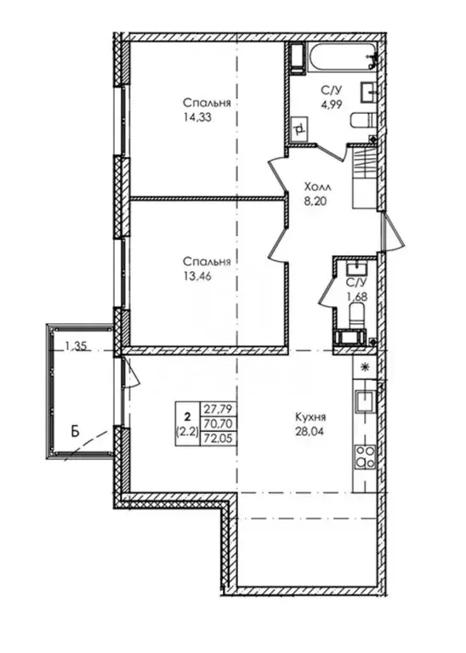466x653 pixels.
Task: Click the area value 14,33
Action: tap(196, 118)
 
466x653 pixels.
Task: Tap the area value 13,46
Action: tap(196, 275)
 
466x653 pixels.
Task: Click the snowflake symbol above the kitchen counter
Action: tap(366, 368)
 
